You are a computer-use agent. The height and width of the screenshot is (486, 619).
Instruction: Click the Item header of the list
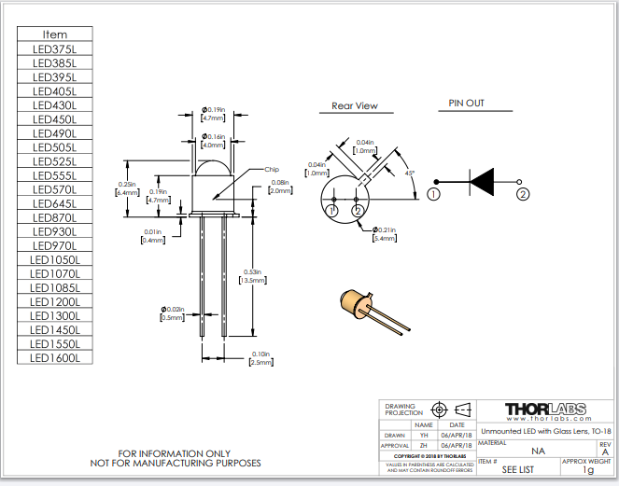[x=55, y=35]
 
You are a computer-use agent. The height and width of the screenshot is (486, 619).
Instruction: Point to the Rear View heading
[x=355, y=106]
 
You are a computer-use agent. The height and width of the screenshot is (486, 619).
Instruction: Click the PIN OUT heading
[x=466, y=104]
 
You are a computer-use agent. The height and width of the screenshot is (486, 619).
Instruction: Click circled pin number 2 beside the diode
[x=523, y=194]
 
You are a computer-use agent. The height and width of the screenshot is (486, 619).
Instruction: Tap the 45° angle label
[x=411, y=174]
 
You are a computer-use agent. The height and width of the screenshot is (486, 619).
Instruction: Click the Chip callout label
[x=272, y=169]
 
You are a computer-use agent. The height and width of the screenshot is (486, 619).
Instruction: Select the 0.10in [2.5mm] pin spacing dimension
[x=262, y=358]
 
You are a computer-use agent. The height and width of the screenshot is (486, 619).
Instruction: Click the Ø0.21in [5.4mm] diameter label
[x=385, y=234]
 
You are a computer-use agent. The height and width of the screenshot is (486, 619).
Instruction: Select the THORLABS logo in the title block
[x=546, y=410]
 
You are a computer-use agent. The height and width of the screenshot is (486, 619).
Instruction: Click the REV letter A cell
[x=605, y=451]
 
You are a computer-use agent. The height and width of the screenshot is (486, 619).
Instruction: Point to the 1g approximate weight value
[x=587, y=470]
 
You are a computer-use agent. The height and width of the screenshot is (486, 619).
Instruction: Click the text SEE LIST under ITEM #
[x=518, y=469]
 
